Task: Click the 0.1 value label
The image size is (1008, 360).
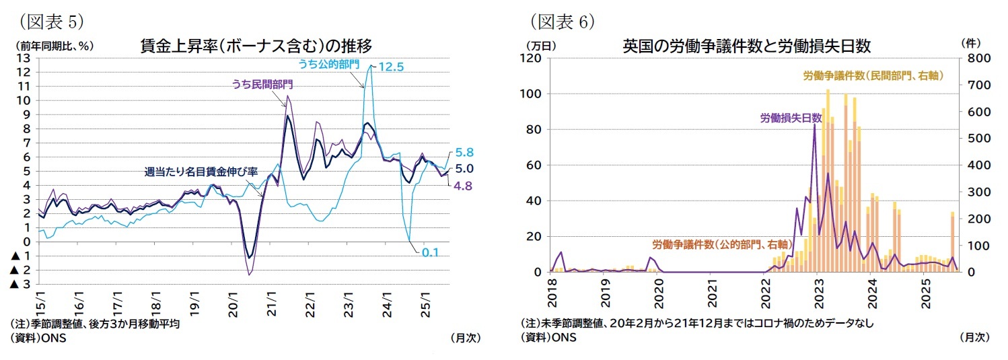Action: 431,252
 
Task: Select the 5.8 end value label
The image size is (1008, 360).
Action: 464,153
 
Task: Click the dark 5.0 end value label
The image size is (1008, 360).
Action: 464,168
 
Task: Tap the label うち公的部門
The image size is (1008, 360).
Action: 328,64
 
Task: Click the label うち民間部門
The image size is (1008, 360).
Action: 262,84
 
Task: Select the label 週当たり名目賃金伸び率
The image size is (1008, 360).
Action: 201,172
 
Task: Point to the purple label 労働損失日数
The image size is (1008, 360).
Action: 791,118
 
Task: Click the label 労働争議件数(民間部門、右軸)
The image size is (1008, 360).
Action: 873,76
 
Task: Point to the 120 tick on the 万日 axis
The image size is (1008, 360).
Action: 532,59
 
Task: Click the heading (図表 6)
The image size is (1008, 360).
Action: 562,22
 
